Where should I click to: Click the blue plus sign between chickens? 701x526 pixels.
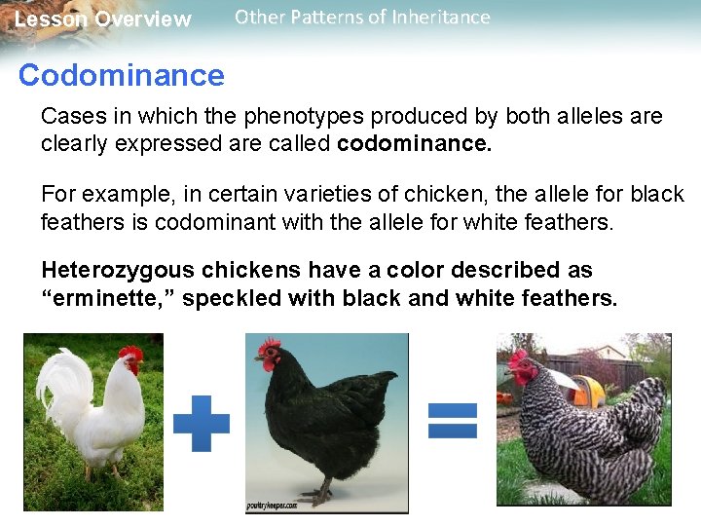[x=202, y=423]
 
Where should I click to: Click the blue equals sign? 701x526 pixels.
[x=453, y=420]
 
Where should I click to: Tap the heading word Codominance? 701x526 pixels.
[x=121, y=75]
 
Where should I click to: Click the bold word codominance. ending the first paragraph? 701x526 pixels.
[x=415, y=144]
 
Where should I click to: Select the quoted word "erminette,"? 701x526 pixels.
[x=106, y=298]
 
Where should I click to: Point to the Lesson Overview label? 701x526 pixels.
[x=102, y=19]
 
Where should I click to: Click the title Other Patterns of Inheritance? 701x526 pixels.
[x=362, y=18]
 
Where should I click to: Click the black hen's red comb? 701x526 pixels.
[x=268, y=346]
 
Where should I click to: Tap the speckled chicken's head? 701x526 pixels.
[x=526, y=365]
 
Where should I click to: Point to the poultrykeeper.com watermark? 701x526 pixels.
[x=272, y=506]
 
